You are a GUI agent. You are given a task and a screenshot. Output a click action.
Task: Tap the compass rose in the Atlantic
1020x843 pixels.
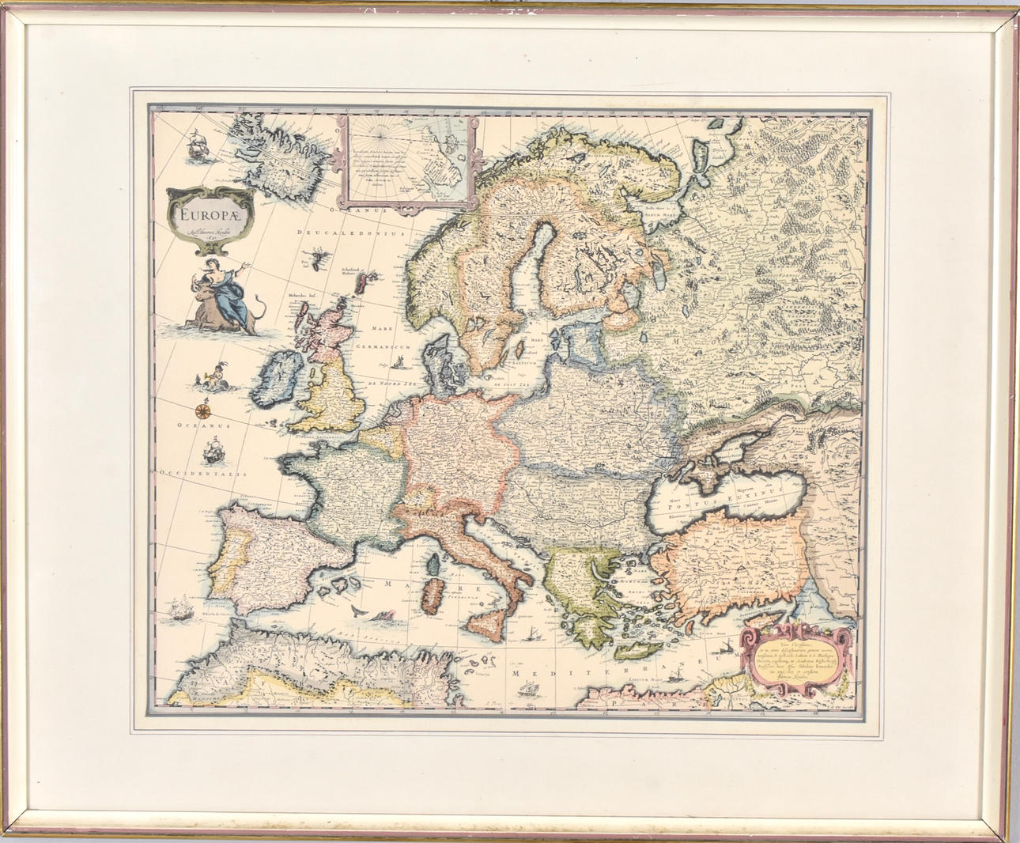(x=203, y=410)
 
